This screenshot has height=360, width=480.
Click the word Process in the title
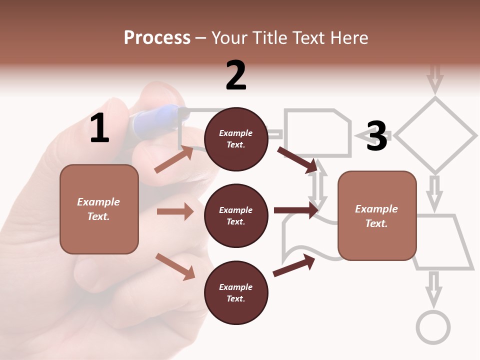tap(157, 38)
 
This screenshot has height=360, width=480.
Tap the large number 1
tap(99, 128)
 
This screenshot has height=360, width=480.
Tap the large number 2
tap(236, 75)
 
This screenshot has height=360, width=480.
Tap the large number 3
tap(376, 136)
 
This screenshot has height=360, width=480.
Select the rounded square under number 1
tap(99, 209)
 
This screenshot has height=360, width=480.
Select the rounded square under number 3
tap(377, 216)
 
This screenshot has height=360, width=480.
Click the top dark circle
tap(236, 139)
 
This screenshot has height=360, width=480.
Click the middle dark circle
tap(236, 216)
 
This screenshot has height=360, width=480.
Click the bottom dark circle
tap(236, 293)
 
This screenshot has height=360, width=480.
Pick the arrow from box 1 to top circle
tap(174, 159)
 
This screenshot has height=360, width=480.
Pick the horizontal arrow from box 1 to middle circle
tap(175, 212)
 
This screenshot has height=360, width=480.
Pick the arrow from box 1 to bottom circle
tap(175, 266)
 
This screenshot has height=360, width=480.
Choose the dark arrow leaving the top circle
tap(297, 159)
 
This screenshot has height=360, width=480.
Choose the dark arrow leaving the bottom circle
tap(294, 265)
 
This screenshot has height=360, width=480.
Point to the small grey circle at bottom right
tap(433, 327)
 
